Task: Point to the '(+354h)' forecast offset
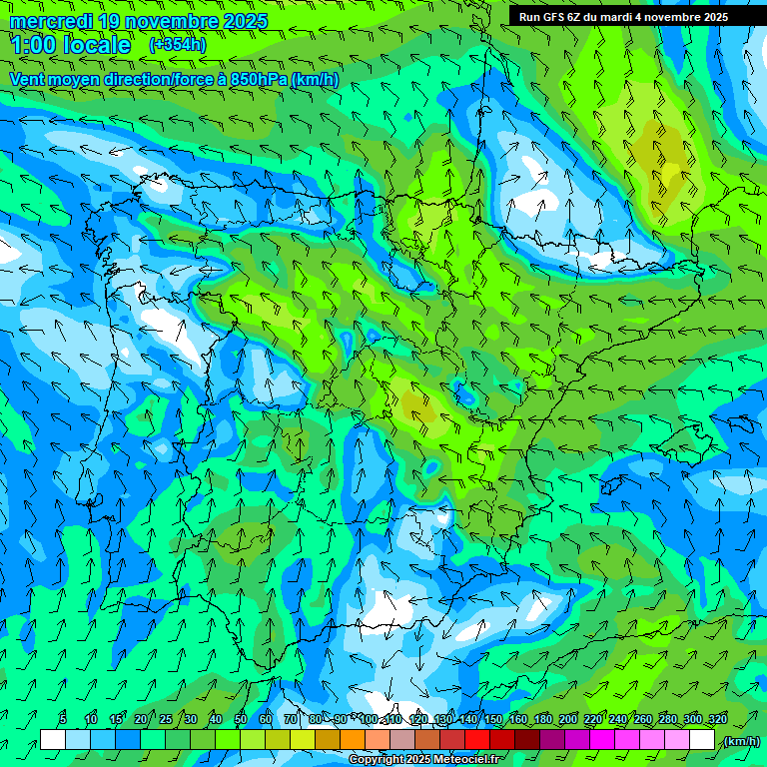pos(177,44)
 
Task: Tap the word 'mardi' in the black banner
pos(615,16)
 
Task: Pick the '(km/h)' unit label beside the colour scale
pos(741,741)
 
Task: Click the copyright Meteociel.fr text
pos(424,760)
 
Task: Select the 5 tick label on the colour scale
pos(63,720)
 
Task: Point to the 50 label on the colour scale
pos(240,720)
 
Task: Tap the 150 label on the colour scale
pos(493,720)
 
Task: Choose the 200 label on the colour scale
pos(568,720)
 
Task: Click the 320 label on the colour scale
pos(718,720)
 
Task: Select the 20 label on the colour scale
pos(141,720)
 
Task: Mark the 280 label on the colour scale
pos(668,720)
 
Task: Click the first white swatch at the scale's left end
pos(53,740)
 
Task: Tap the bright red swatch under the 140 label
pos(477,740)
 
